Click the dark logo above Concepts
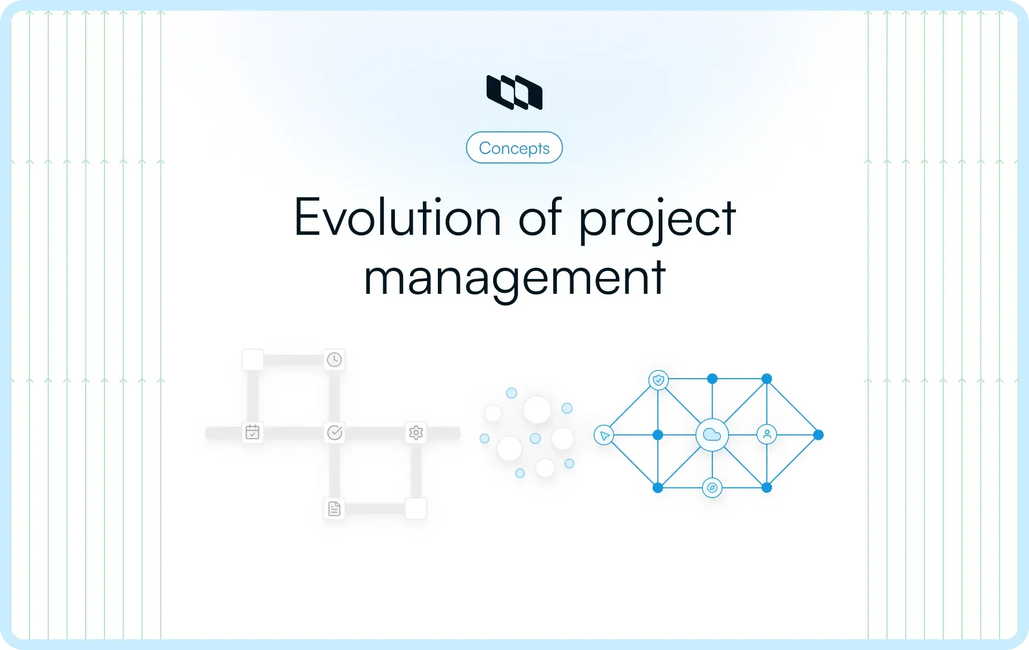click(x=514, y=92)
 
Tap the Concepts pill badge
click(x=514, y=147)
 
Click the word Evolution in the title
click(x=397, y=217)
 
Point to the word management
click(x=514, y=278)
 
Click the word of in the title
click(x=540, y=217)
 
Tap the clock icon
click(x=334, y=359)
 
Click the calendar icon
click(x=252, y=432)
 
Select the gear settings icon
click(x=416, y=432)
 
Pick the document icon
click(x=334, y=508)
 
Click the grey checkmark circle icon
click(x=334, y=432)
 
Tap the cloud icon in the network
click(x=712, y=434)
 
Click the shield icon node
click(x=659, y=380)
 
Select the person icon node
click(x=767, y=434)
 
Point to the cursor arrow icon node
click(x=604, y=435)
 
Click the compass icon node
click(x=712, y=487)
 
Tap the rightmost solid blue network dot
click(x=818, y=435)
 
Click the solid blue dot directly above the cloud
click(x=712, y=379)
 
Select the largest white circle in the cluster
click(x=537, y=410)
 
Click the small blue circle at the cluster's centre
click(x=535, y=439)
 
